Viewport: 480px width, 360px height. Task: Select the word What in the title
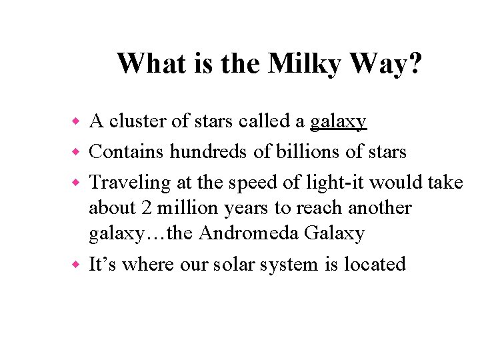pos(149,64)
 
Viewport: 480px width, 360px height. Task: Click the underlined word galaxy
pos(338,122)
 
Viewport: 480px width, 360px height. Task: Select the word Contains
pos(126,152)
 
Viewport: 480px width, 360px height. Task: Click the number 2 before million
pos(147,208)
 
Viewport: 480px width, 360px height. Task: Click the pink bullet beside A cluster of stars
pos(76,122)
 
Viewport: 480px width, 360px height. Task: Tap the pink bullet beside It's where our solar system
pos(76,265)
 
